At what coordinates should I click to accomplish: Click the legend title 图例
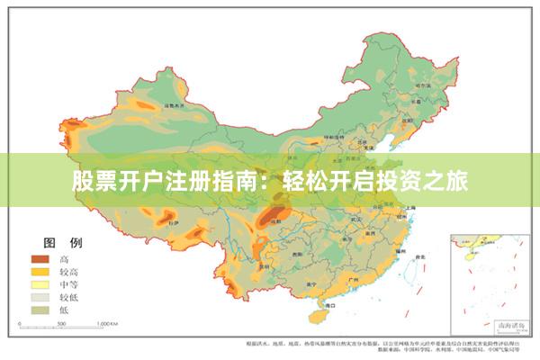[64, 243]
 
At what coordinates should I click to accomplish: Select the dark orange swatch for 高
[39, 259]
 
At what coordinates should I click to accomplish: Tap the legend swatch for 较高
[39, 271]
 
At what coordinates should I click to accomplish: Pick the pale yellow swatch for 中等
[39, 283]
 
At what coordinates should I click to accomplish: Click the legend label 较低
[69, 295]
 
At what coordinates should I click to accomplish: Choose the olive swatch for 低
[39, 308]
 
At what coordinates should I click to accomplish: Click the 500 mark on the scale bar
[61, 322]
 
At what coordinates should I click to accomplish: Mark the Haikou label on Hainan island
[317, 301]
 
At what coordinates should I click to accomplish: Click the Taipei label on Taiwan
[416, 254]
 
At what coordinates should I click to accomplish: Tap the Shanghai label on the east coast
[410, 207]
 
